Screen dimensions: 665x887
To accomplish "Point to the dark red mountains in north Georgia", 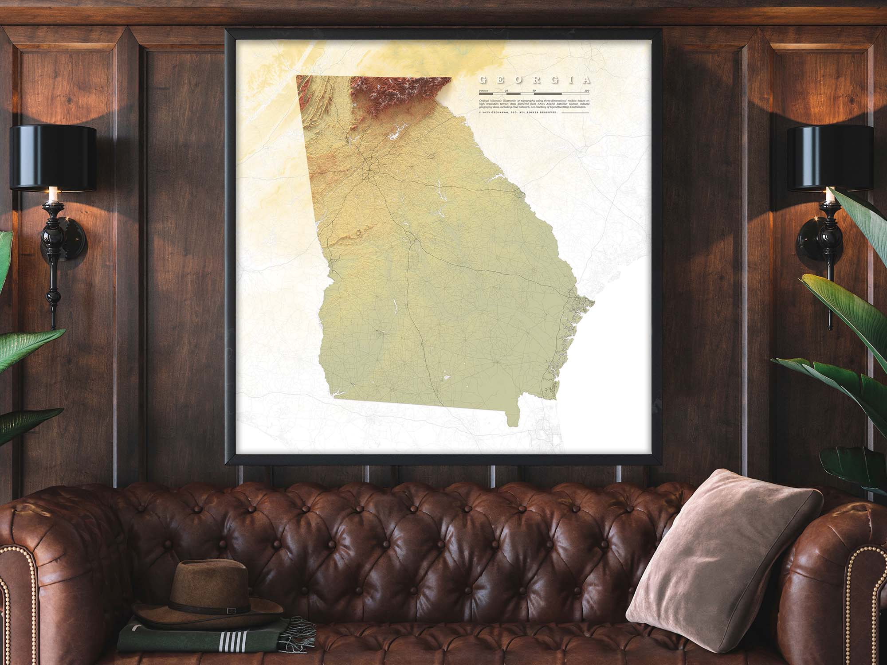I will pyautogui.click(x=390, y=95).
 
